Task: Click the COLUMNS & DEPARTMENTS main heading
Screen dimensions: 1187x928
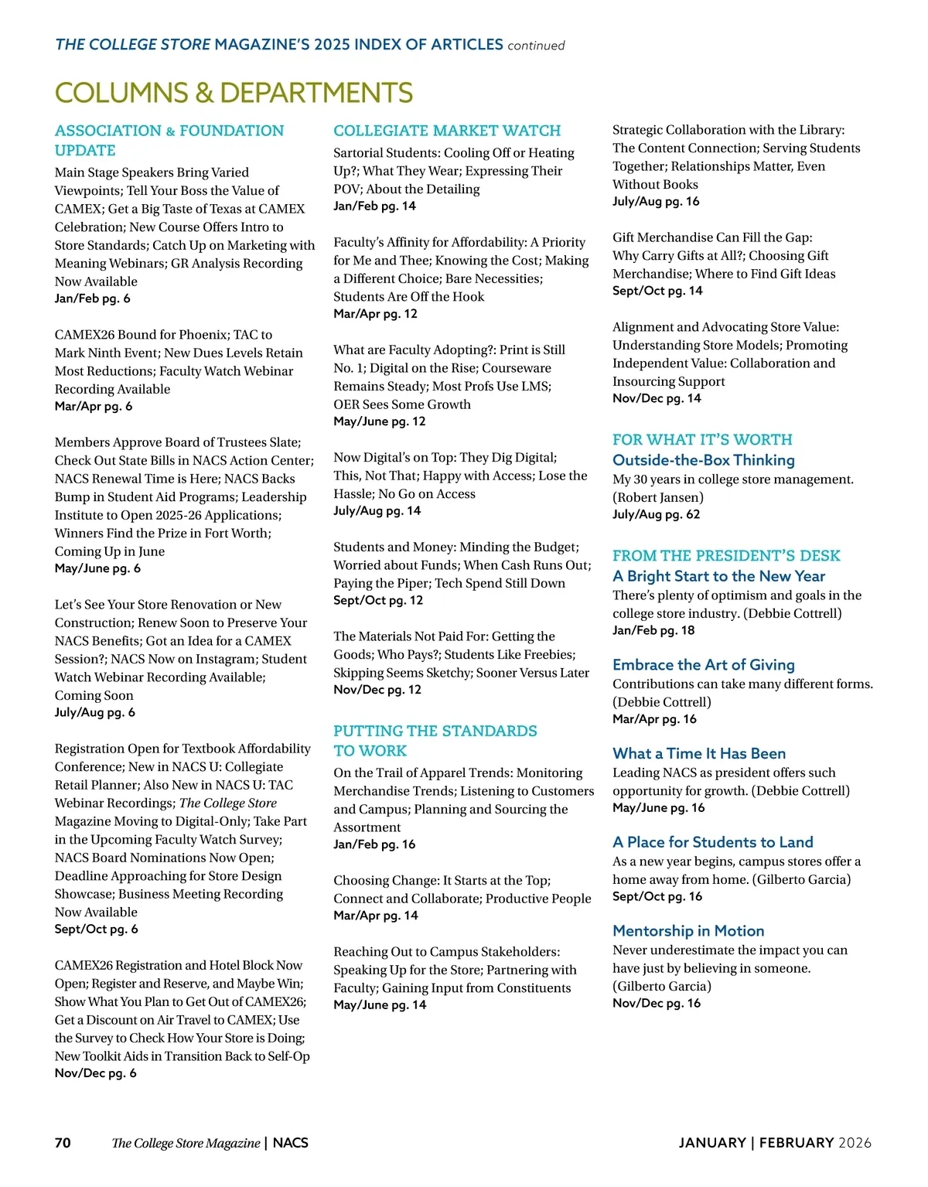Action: point(234,93)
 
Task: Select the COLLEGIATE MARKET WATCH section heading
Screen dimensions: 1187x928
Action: point(447,131)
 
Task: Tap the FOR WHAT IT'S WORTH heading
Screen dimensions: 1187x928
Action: point(702,439)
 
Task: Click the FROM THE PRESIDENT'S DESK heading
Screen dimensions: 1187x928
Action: point(726,555)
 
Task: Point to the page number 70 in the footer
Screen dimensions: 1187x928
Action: point(63,1143)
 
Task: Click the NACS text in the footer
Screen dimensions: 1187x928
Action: point(291,1143)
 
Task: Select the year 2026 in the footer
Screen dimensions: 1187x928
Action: point(855,1143)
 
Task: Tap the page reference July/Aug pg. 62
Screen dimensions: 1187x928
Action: point(656,514)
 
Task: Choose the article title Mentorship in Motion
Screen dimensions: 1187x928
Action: point(688,931)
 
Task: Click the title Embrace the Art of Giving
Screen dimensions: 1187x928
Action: point(703,665)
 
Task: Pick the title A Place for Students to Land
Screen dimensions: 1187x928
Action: point(712,842)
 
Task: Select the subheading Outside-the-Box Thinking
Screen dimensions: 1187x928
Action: point(703,460)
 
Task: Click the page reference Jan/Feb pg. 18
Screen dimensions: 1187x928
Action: point(653,630)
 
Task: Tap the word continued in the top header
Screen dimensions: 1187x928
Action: point(536,46)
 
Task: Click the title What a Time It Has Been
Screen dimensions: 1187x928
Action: point(698,753)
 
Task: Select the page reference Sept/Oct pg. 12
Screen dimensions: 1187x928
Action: point(378,600)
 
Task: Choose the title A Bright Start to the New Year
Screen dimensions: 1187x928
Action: point(718,576)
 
